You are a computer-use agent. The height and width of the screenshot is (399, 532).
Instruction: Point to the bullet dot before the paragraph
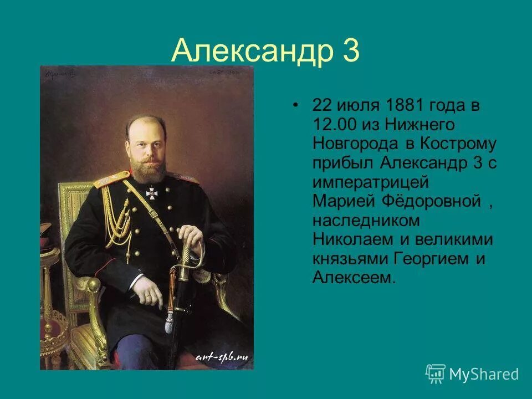(x=297, y=105)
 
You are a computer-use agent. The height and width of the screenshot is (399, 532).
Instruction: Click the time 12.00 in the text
(x=334, y=125)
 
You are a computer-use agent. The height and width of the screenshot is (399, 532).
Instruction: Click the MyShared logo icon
(x=435, y=374)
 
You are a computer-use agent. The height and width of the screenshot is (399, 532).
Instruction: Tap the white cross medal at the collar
(x=152, y=193)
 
